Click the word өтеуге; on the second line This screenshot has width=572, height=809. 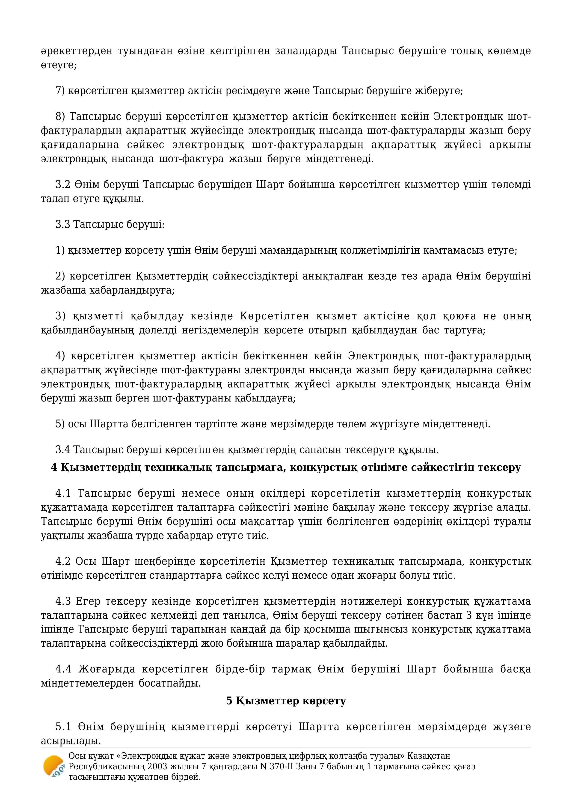point(59,65)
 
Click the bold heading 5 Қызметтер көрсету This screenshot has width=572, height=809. point(286,701)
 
